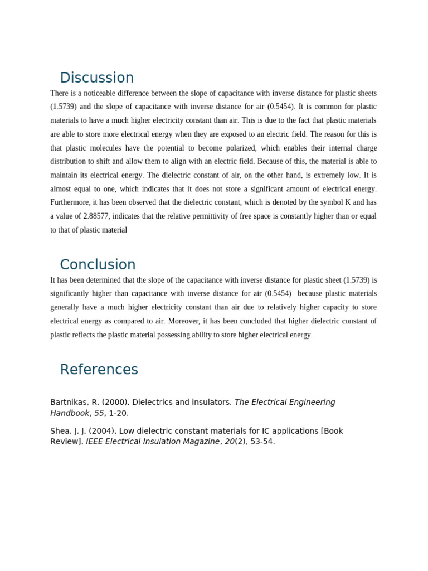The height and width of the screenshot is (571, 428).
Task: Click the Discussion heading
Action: coord(96,78)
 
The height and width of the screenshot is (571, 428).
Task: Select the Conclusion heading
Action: coord(98,265)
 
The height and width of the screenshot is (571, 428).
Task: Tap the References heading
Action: coord(99,370)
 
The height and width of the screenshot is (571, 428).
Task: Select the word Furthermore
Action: coord(71,202)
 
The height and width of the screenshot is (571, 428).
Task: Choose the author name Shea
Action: coord(60,431)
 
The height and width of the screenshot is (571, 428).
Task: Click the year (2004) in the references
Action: coord(100,431)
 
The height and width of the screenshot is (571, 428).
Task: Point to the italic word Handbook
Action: coord(70,413)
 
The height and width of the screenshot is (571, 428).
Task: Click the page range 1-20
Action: coord(119,413)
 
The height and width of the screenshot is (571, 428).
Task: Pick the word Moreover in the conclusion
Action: coord(183,321)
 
